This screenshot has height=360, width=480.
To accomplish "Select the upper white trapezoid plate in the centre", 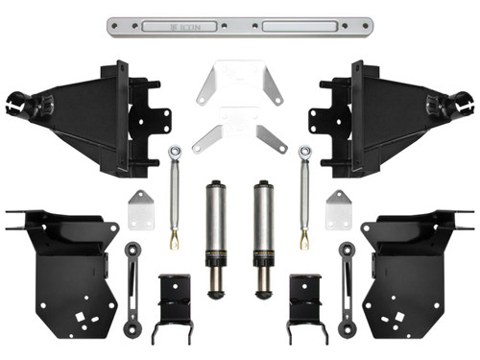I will [239, 84].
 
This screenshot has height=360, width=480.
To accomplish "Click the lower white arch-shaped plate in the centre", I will [240, 135].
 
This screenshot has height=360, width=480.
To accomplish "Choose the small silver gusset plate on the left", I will [142, 208].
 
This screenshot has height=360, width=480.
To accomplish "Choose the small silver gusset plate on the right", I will [338, 208].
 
